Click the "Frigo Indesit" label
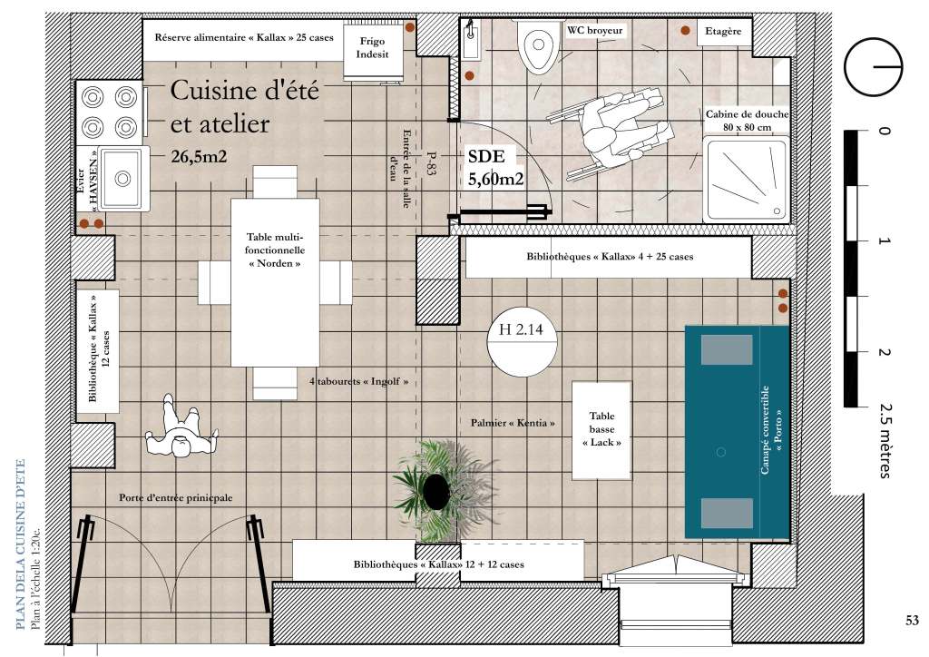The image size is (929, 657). pyautogui.click(x=372, y=47)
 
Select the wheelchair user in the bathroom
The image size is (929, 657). pyautogui.click(x=618, y=132)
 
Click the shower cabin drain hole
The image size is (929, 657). pyautogui.click(x=777, y=211)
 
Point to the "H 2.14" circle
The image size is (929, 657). pyautogui.click(x=522, y=341)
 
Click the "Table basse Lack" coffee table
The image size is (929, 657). pyautogui.click(x=601, y=429)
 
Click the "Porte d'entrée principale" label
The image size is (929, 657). pyautogui.click(x=175, y=497)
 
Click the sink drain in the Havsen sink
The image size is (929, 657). pyautogui.click(x=122, y=178)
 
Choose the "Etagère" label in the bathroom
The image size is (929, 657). pyautogui.click(x=723, y=31)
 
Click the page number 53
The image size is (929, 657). pyautogui.click(x=912, y=620)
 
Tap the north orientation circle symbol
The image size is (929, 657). pyautogui.click(x=874, y=66)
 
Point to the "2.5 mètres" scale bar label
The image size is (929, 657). pyautogui.click(x=885, y=440)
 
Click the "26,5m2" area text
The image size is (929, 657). pyautogui.click(x=199, y=156)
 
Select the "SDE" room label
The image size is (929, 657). pyautogui.click(x=486, y=156)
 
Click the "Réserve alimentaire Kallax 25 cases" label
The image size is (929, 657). pyautogui.click(x=244, y=37)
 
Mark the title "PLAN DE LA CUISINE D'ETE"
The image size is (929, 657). pyautogui.click(x=21, y=544)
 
